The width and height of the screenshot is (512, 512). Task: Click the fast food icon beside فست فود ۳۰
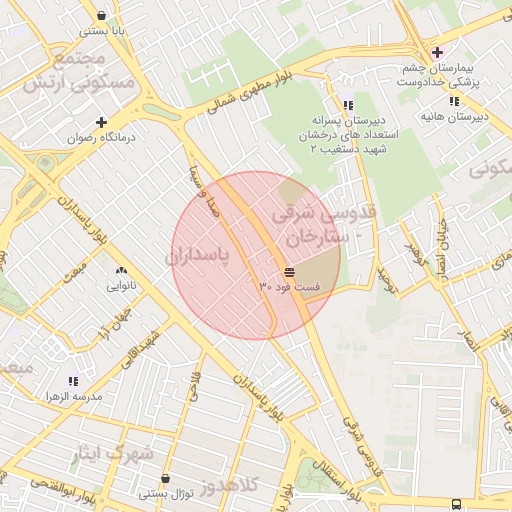289,272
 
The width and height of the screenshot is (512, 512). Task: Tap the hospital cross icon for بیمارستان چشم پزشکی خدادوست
436,52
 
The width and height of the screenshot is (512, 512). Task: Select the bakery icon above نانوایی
121,271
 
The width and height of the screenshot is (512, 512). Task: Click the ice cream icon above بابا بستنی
104,15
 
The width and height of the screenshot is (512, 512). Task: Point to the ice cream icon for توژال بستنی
165,478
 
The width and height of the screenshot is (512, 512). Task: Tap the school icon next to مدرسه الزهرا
72,381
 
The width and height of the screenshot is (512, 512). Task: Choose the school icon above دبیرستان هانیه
454,101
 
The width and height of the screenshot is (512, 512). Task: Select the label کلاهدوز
230,486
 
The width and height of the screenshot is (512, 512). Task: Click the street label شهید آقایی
140,348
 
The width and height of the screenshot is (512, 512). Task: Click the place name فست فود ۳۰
290,288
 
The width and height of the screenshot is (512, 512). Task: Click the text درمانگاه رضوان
100,139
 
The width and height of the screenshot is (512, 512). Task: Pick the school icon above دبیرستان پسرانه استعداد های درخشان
347,105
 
